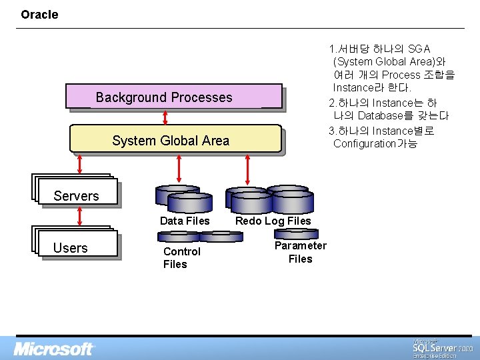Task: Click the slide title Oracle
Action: [x=39, y=14]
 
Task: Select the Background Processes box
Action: [x=173, y=97]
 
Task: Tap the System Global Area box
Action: [x=175, y=140]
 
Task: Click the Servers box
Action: [x=76, y=192]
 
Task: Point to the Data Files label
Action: [x=185, y=221]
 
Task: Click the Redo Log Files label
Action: [x=273, y=221]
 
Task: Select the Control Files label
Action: [x=181, y=257]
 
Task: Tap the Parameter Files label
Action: [x=300, y=252]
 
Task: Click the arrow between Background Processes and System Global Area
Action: [x=165, y=117]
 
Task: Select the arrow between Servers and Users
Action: [x=80, y=215]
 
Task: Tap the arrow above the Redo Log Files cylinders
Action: [x=248, y=169]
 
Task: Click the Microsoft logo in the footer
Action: [x=55, y=349]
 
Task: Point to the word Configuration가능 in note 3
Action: [x=375, y=143]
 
